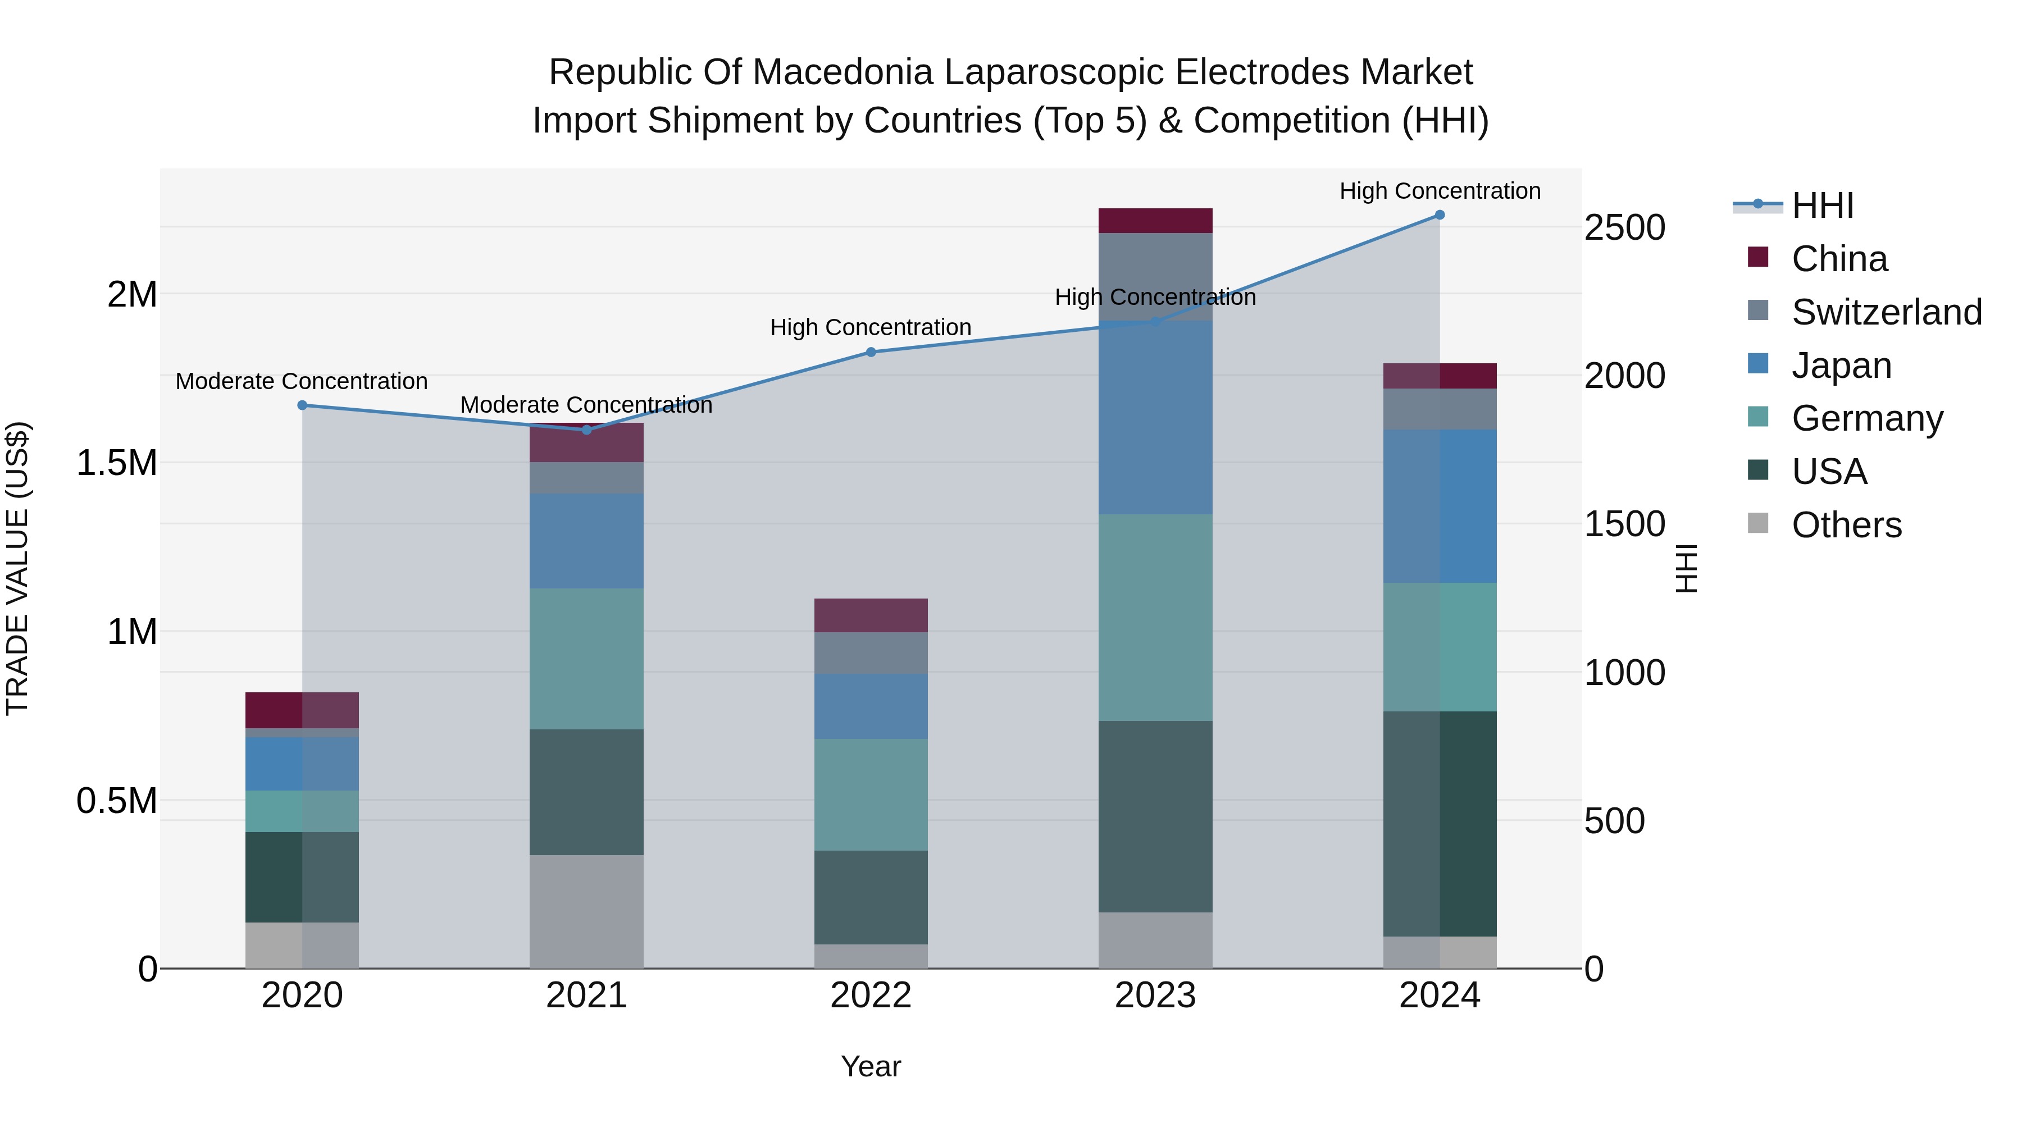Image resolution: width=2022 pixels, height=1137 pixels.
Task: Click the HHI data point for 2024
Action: click(x=1440, y=215)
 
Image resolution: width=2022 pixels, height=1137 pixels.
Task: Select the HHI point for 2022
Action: click(x=871, y=352)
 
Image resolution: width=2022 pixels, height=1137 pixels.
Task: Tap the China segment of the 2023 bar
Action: click(x=1155, y=221)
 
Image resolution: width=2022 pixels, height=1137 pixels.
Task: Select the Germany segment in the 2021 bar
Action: click(x=586, y=659)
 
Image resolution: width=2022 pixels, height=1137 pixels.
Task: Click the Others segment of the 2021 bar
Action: click(x=586, y=912)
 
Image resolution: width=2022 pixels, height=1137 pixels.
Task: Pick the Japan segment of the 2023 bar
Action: click(x=1155, y=417)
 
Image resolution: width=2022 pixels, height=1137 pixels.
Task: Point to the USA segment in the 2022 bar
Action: click(x=871, y=898)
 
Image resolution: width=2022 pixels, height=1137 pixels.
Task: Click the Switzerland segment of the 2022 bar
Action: click(x=871, y=653)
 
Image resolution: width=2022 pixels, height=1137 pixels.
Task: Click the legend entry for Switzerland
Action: click(x=1886, y=312)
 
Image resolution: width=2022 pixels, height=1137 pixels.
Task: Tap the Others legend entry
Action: click(x=1846, y=525)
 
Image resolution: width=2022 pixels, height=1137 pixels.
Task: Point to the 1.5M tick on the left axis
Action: click(x=116, y=463)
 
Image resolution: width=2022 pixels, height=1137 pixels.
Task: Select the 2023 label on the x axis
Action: click(x=1155, y=996)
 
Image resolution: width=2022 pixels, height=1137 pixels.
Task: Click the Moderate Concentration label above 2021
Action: click(x=586, y=405)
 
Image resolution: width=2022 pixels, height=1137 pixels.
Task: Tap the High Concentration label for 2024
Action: click(x=1440, y=191)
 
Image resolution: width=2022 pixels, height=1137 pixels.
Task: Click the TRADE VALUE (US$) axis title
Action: click(x=17, y=568)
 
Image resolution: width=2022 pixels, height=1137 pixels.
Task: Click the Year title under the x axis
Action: click(x=871, y=1066)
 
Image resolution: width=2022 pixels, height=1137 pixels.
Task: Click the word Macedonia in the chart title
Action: click(x=846, y=72)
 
